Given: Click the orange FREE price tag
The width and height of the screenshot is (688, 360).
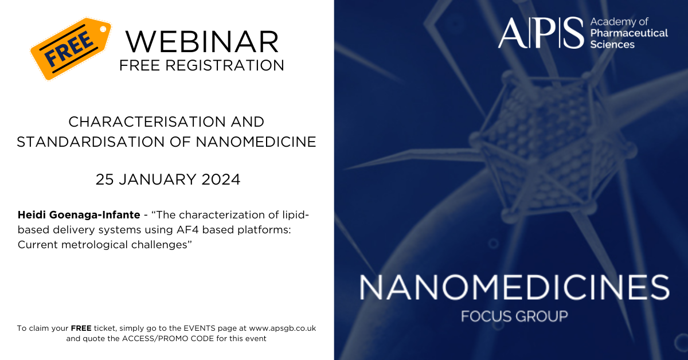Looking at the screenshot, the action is pos(71,49).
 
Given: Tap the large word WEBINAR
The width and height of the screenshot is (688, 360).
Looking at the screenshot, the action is pos(202,42).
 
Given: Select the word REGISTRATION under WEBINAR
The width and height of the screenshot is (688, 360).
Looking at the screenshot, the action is pos(225,65).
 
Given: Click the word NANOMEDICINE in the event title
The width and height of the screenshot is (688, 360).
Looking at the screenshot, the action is pos(256,142).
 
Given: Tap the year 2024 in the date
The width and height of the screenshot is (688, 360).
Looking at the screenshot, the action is pos(221,179).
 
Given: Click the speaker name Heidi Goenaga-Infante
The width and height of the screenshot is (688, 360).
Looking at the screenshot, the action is pos(79,215).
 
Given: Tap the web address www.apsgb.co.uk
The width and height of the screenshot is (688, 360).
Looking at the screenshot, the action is pos(282,328).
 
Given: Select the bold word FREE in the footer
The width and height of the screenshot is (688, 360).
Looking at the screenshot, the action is pos(81,328).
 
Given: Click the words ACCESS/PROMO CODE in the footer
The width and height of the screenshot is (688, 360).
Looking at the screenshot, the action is pos(168,338).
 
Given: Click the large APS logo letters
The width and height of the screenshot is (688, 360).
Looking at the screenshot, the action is pos(541,33).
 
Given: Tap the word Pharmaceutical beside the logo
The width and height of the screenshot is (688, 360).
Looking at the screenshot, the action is pos(629,33).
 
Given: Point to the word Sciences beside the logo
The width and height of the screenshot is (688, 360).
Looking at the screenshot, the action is pos(612,45).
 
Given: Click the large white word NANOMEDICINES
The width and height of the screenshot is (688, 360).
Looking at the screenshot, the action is pos(514,287).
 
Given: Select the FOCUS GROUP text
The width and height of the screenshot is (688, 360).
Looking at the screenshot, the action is pos(514,316).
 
